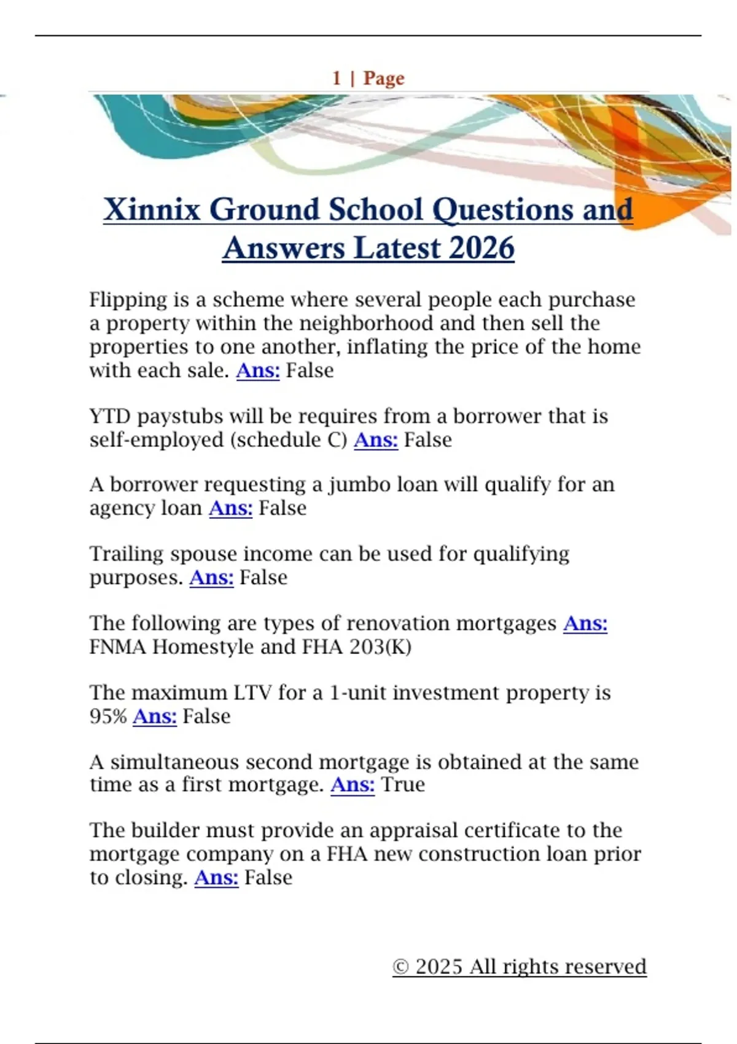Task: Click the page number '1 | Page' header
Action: [x=368, y=79]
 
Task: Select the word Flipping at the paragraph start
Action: [x=128, y=300]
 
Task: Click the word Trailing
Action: [x=126, y=554]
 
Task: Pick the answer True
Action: [x=403, y=785]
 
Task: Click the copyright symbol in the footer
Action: [x=400, y=967]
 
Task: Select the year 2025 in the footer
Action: [x=439, y=967]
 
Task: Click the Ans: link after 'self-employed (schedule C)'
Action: [x=375, y=440]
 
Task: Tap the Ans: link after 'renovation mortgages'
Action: [x=585, y=623]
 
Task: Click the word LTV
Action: [x=252, y=693]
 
